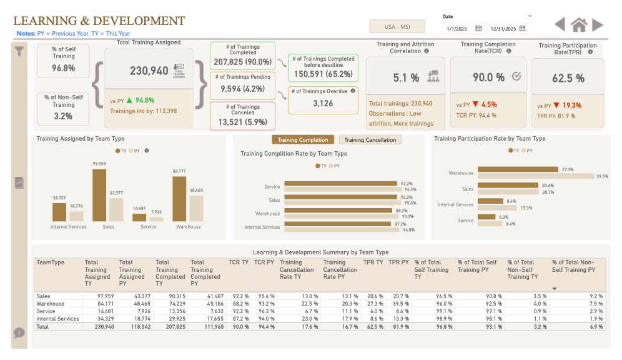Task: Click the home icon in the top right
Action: [x=579, y=25]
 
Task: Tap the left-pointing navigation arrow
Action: [x=560, y=24]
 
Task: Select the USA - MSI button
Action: [x=397, y=27]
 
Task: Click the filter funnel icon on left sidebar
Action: [x=19, y=52]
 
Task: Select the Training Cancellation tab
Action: [x=370, y=140]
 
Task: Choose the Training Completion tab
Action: [x=303, y=140]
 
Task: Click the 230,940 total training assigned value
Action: [x=149, y=71]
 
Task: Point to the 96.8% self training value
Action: [x=63, y=68]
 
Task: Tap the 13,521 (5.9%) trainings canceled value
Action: [x=242, y=122]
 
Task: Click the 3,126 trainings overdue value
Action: [x=322, y=104]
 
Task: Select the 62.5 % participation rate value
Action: [x=568, y=78]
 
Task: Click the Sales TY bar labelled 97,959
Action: [x=99, y=194]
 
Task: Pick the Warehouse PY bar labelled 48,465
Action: [x=196, y=208]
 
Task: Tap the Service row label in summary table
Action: [x=46, y=311]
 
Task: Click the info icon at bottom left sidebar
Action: [x=19, y=332]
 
